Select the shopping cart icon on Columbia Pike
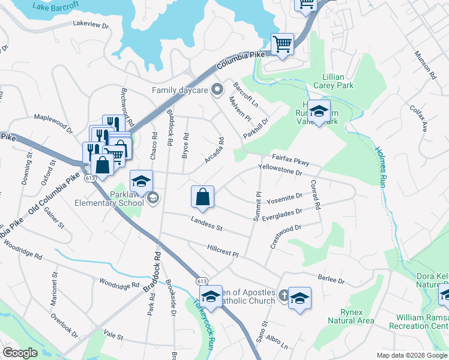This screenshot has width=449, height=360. (282, 44)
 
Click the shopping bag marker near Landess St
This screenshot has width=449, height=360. (203, 196)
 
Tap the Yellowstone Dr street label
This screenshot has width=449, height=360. (280, 170)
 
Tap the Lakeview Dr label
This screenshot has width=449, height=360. (90, 25)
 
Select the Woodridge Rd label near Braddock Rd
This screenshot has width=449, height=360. (119, 282)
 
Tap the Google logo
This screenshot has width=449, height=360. (20, 353)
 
